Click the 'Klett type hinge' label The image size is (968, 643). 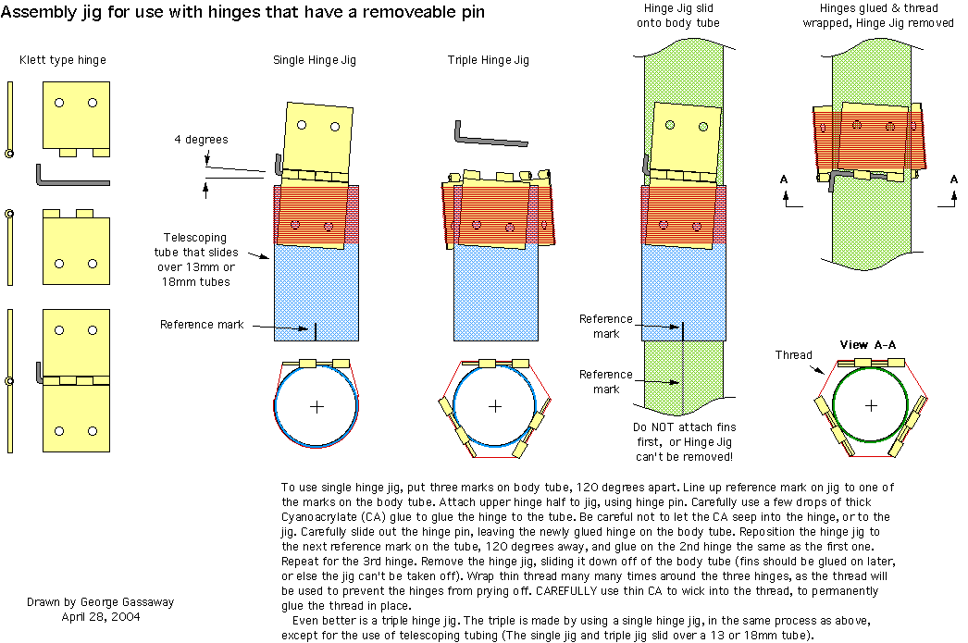63,60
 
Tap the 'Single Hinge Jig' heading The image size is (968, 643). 314,60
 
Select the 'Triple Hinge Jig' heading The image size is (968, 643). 488,60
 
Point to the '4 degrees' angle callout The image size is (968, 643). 201,140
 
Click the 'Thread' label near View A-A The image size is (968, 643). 793,354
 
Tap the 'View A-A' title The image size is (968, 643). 867,345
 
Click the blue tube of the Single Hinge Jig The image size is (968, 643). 315,287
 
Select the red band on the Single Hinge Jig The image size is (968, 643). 315,215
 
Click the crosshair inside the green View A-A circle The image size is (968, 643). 871,405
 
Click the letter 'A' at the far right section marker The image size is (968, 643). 954,179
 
